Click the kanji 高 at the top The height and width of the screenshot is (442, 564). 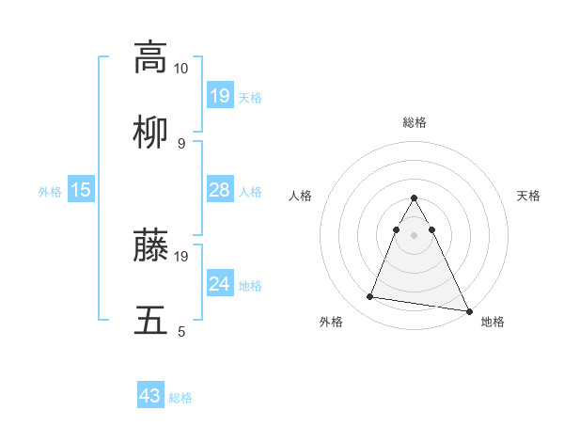(150, 56)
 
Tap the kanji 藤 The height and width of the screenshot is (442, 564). (150, 245)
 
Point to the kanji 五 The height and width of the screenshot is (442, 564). (150, 321)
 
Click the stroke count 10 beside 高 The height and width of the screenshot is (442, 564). (181, 69)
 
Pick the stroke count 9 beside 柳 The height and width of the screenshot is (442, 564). (181, 143)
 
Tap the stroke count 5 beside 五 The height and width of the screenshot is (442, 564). (181, 331)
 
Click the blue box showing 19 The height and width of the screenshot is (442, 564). (219, 96)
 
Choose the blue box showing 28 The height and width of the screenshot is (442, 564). (219, 190)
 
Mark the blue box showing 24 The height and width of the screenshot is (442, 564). (219, 284)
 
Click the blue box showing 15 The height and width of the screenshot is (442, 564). (81, 190)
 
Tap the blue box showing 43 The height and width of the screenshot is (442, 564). (150, 396)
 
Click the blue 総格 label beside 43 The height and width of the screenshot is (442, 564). (180, 398)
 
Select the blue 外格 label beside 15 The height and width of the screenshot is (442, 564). (50, 191)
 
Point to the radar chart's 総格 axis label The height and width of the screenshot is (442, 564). (415, 122)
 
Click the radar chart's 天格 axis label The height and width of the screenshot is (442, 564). (528, 196)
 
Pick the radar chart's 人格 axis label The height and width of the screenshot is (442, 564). (300, 196)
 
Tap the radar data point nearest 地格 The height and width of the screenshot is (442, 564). (468, 310)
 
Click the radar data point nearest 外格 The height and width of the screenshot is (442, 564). (369, 297)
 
